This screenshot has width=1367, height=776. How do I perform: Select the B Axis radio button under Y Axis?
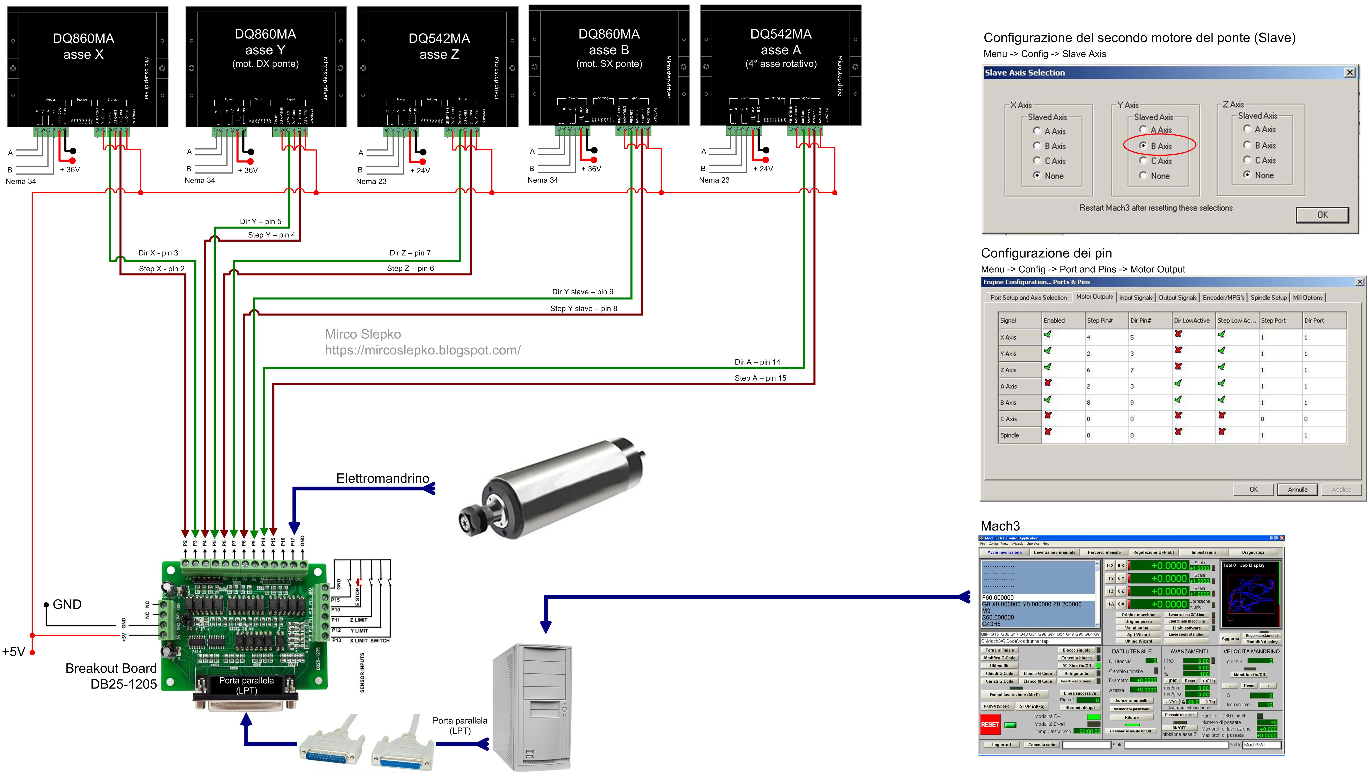pyautogui.click(x=1143, y=145)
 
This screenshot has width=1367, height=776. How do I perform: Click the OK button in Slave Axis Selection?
pyautogui.click(x=1322, y=215)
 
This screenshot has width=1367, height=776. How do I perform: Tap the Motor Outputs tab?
pyautogui.click(x=1094, y=297)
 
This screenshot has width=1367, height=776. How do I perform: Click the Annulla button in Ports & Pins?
pyautogui.click(x=1297, y=489)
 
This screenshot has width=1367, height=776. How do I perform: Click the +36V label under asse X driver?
pyautogui.click(x=70, y=170)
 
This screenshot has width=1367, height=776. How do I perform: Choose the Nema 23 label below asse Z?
pyautogui.click(x=371, y=181)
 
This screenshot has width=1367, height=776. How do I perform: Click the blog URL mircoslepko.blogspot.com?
pyautogui.click(x=423, y=350)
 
